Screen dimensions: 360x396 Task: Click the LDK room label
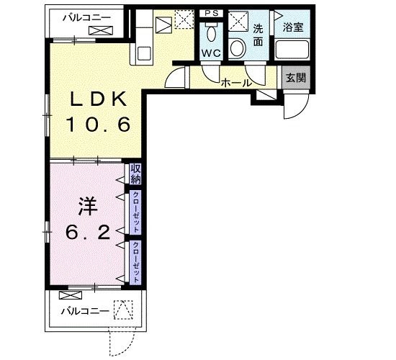pyautogui.click(x=99, y=99)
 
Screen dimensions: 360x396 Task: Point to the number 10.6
pyautogui.click(x=99, y=125)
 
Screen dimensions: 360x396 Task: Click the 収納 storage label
pyautogui.click(x=135, y=174)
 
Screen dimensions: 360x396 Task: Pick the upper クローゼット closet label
pyautogui.click(x=135, y=212)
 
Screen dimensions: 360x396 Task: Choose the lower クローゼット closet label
pyautogui.click(x=135, y=262)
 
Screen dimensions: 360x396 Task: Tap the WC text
pyautogui.click(x=212, y=54)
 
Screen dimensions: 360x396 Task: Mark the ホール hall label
pyautogui.click(x=235, y=83)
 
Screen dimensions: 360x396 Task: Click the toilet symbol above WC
pyautogui.click(x=212, y=33)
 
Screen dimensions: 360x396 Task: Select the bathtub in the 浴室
pyautogui.click(x=293, y=50)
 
